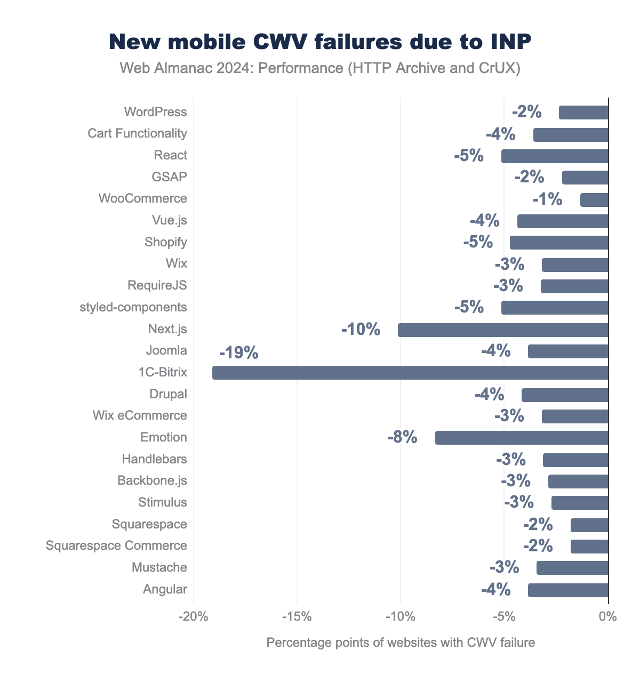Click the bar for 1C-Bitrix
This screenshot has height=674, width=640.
[x=410, y=373]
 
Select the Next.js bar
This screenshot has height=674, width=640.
[x=503, y=330]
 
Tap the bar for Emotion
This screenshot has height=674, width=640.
[x=522, y=438]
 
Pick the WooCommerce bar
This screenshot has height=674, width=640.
[x=594, y=199]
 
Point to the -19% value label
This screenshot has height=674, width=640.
[x=238, y=353]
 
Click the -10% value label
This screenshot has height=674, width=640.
[x=361, y=330]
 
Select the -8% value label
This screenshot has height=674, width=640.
[x=402, y=438]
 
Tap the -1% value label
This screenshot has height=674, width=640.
[x=547, y=199]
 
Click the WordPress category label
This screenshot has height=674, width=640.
[x=155, y=112]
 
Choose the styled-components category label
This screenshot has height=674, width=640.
[x=133, y=307]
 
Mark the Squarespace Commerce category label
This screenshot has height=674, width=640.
[x=116, y=545]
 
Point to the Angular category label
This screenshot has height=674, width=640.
[x=165, y=589]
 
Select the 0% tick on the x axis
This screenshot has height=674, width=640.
[x=608, y=617]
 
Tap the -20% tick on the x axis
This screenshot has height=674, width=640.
[x=193, y=617]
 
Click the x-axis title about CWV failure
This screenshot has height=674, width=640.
[x=400, y=643]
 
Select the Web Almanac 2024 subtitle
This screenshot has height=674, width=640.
[x=320, y=68]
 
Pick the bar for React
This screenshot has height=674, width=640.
[x=555, y=156]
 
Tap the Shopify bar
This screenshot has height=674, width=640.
[x=559, y=243]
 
